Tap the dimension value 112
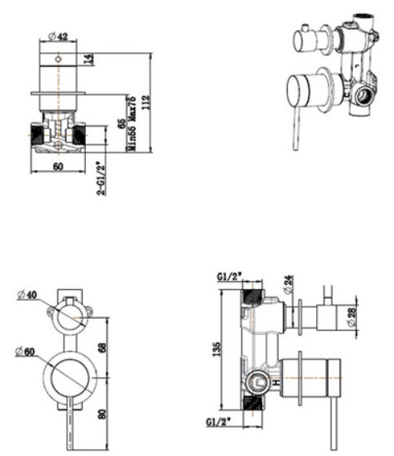pyautogui.click(x=148, y=102)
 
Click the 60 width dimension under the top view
pyautogui.click(x=58, y=166)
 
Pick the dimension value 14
pyautogui.click(x=88, y=59)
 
